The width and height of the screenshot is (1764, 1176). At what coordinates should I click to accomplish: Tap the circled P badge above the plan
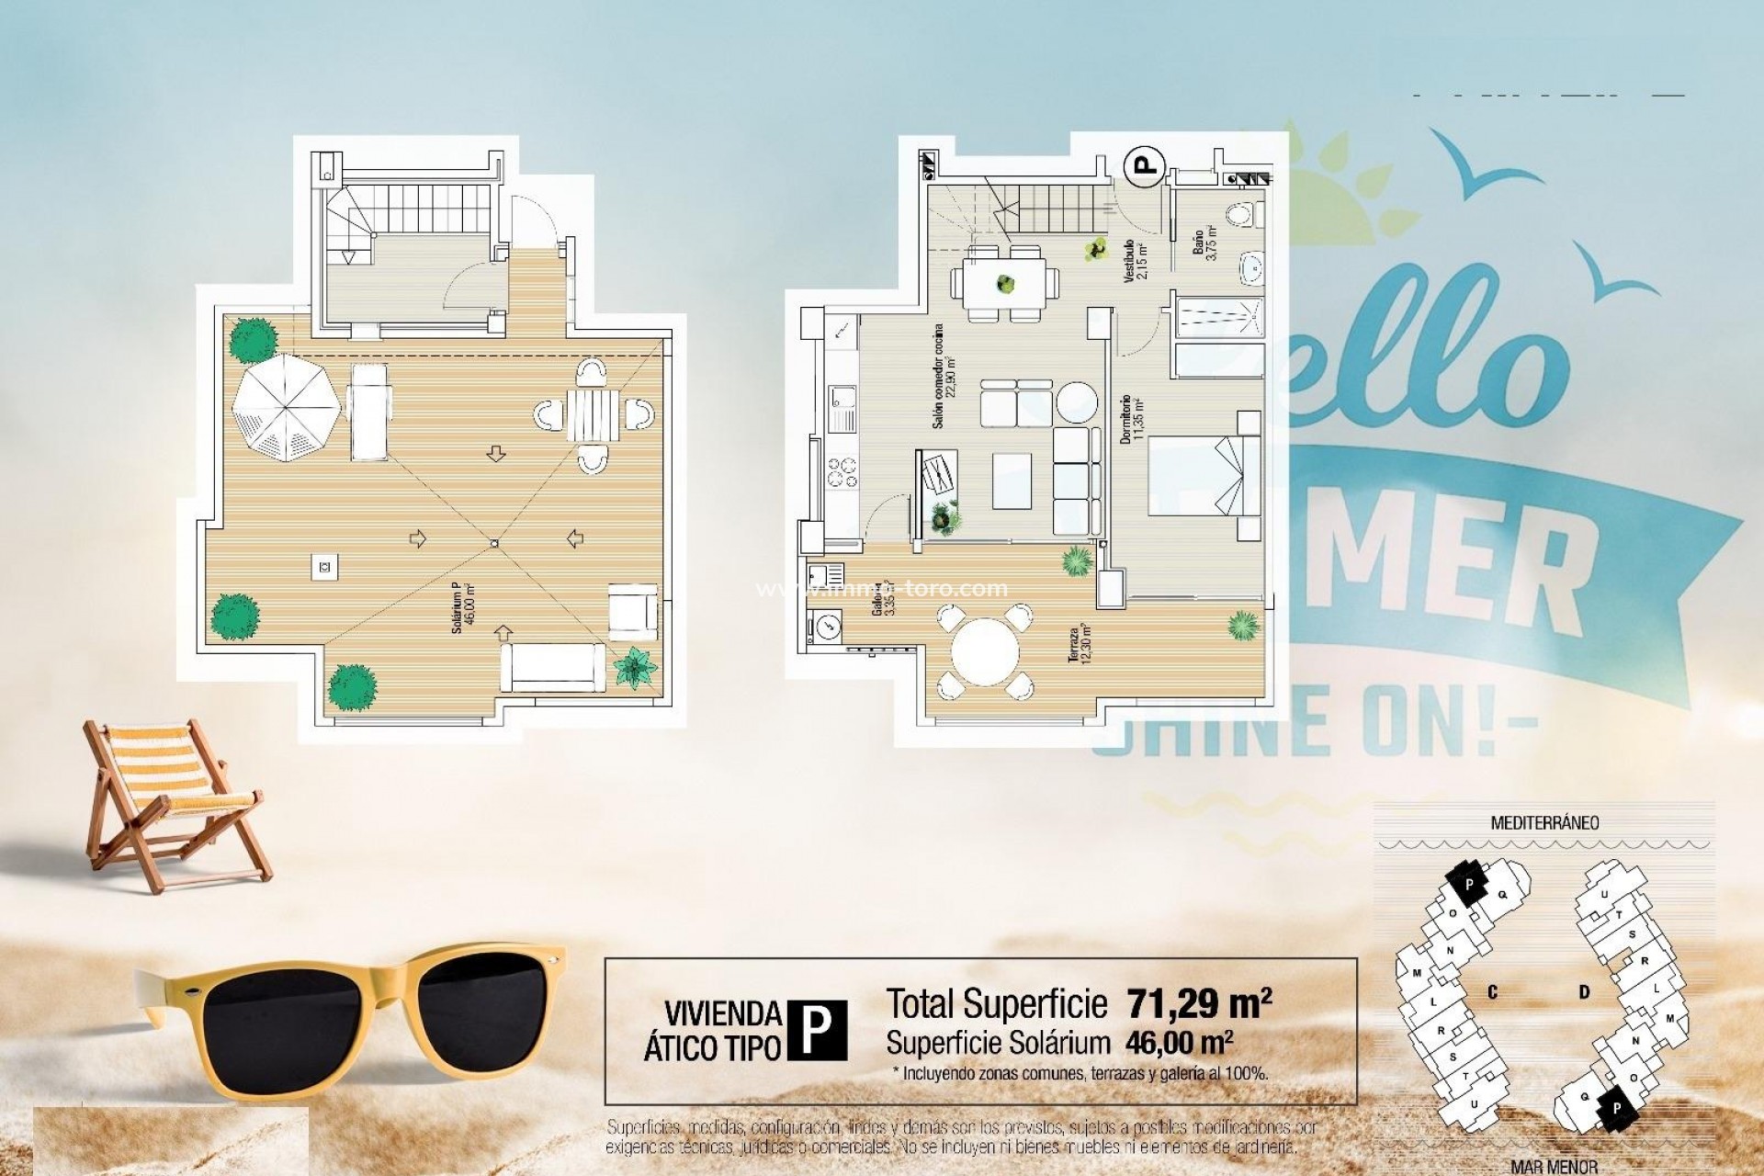1144,166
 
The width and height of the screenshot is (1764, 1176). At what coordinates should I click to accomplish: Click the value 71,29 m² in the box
1199,1004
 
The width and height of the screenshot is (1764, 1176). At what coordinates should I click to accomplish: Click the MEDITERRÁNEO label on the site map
1543,823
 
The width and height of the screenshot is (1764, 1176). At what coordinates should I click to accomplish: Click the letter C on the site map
1492,992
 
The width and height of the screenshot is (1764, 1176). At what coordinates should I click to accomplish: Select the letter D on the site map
1584,992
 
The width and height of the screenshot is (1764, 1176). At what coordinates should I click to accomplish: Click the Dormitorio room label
1130,420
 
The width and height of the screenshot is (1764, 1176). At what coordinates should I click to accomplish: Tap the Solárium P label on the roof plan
462,608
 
